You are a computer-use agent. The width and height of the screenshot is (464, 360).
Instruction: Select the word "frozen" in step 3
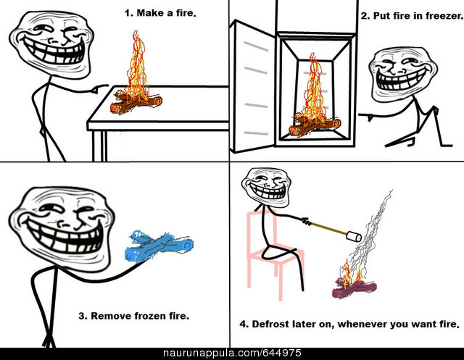pos(150,316)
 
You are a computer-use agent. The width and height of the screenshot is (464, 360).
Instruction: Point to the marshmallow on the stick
pos(354,236)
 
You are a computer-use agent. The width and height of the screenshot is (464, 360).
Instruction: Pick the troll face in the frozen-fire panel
pos(62,226)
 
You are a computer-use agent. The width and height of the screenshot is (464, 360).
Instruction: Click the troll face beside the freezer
pos(403,74)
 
